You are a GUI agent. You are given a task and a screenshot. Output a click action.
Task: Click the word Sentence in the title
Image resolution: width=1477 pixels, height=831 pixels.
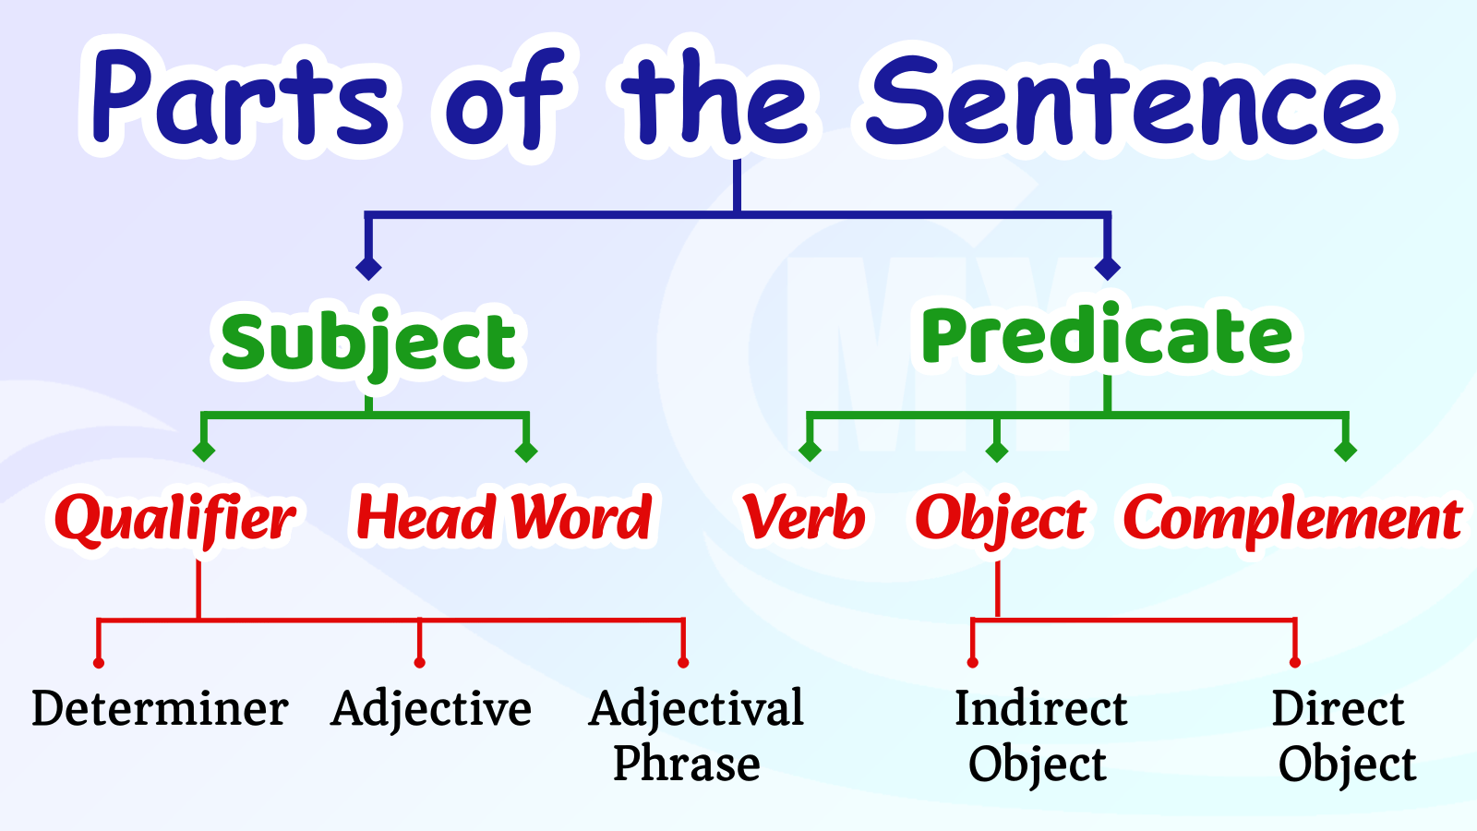[x=1124, y=98]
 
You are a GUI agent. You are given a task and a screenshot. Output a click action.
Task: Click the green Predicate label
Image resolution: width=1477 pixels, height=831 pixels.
[x=1107, y=336]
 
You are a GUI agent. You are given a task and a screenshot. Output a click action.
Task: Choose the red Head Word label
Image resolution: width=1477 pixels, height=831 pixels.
[x=504, y=517]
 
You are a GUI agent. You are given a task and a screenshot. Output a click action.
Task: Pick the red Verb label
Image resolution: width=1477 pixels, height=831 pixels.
[x=804, y=517]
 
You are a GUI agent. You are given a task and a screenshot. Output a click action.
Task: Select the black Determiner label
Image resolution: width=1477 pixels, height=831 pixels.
[x=161, y=709]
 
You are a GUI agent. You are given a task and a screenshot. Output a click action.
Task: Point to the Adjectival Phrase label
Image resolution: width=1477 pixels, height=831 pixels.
[x=696, y=735]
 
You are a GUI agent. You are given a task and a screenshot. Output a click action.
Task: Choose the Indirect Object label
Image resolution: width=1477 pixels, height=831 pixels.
[x=1040, y=735]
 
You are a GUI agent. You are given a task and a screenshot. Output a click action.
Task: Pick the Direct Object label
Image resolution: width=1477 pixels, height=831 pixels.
[x=1342, y=735]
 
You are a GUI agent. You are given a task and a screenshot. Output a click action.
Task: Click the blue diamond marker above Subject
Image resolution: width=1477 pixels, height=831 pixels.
[x=368, y=268]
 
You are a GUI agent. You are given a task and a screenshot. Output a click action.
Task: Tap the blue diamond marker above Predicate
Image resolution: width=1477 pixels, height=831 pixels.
[x=1107, y=268]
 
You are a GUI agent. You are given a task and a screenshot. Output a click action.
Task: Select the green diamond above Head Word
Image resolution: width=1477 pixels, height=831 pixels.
[x=526, y=452]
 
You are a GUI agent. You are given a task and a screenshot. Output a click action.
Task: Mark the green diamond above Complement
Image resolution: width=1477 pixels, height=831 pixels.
[x=1345, y=452]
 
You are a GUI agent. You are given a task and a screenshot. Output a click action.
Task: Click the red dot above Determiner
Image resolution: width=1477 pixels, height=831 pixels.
[x=99, y=662]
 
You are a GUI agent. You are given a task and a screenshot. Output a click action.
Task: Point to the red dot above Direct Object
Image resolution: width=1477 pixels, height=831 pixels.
[x=1295, y=662]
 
